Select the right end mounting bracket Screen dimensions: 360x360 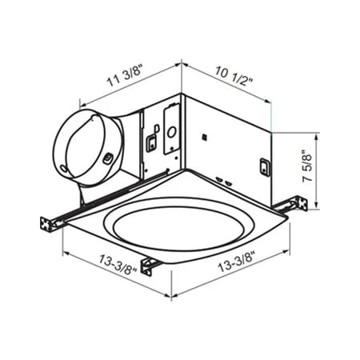coord(298,206)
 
